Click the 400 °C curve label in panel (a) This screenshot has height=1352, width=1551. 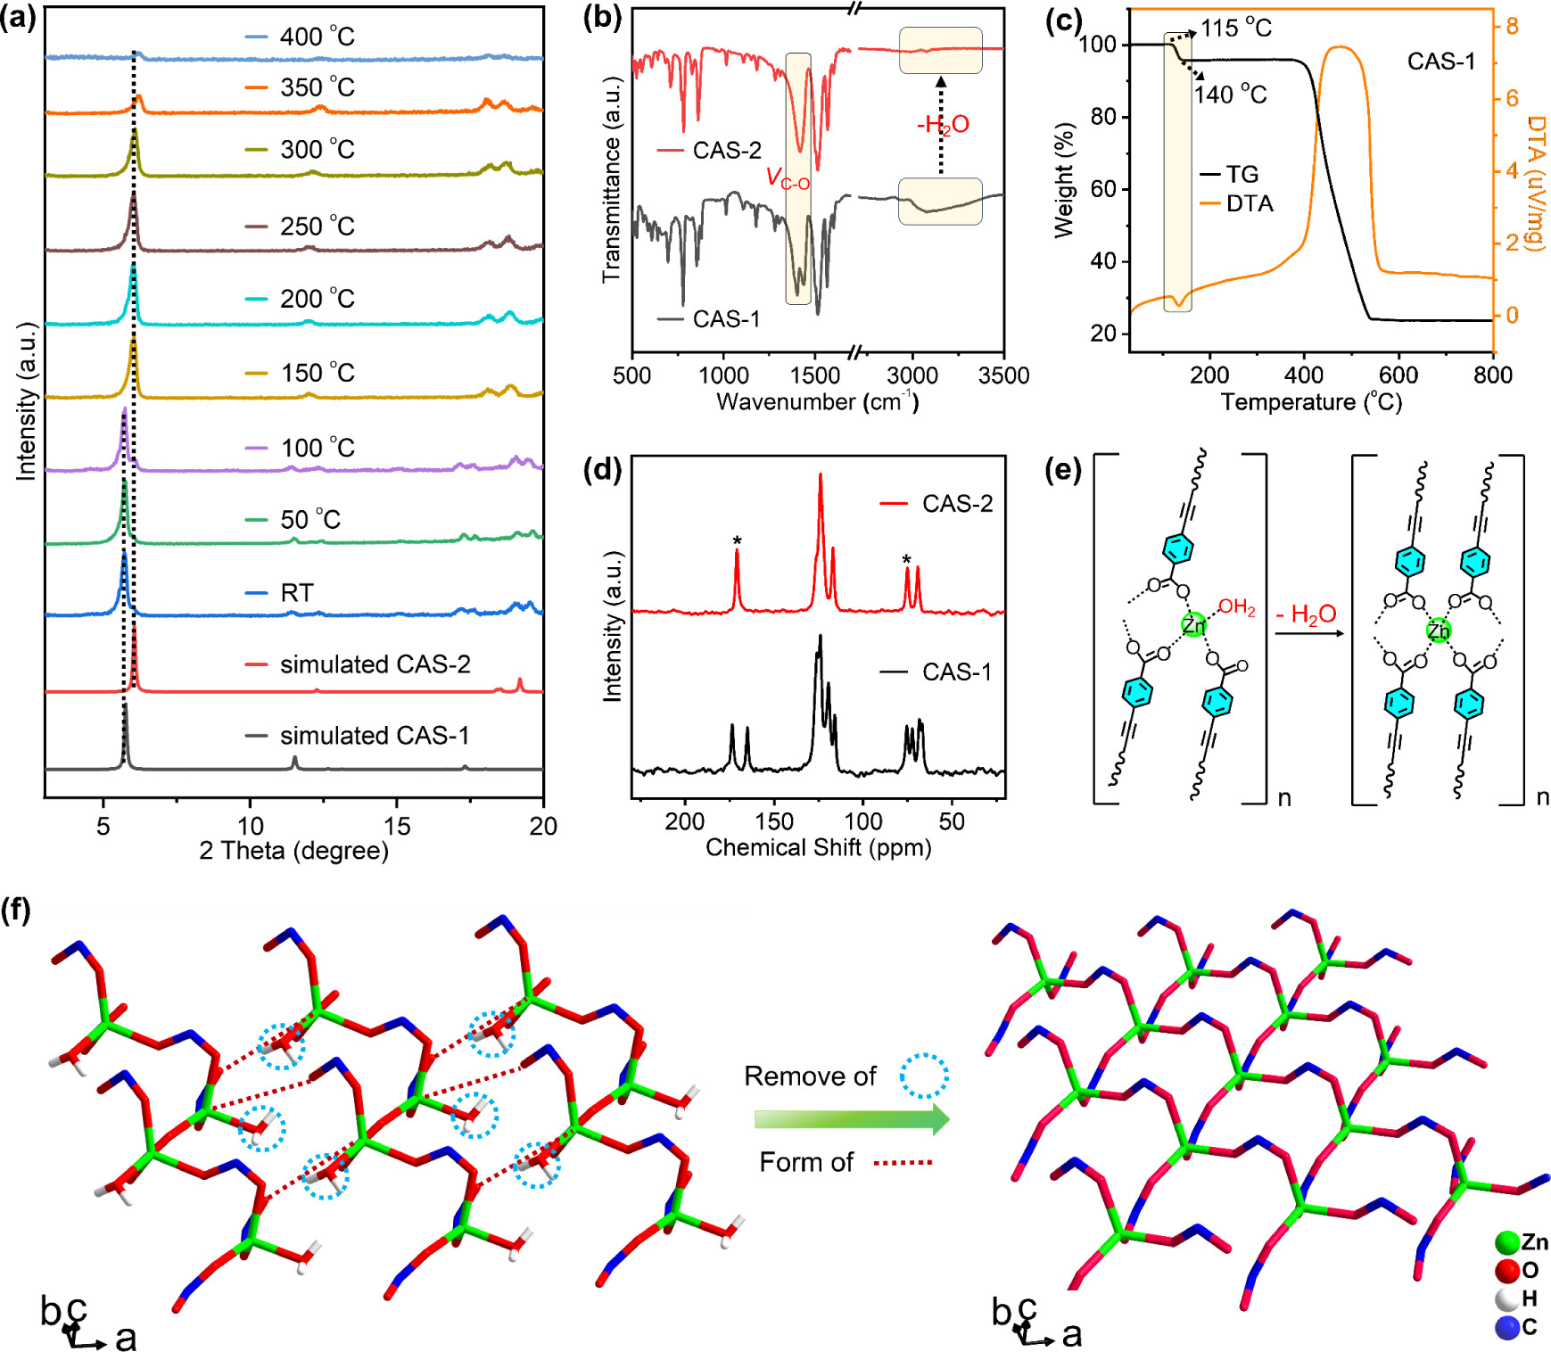coord(317,37)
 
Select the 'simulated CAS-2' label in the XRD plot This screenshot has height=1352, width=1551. coord(375,664)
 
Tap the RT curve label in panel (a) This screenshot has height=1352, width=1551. coord(297,593)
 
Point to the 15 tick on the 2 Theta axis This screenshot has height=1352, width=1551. coord(397,826)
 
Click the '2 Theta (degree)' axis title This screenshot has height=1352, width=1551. coord(293,851)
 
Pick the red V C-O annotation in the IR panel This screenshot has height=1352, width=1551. coord(788,178)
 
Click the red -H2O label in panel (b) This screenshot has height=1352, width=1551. coord(943,125)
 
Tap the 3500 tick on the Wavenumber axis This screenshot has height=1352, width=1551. coord(1003,375)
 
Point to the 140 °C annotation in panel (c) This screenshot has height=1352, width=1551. coord(1231,95)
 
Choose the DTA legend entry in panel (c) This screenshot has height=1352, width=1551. coord(1249,203)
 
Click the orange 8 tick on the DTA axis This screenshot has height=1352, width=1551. coord(1512,27)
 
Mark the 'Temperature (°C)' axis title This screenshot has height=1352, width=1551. coord(1311,402)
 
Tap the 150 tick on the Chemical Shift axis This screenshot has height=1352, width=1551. coord(774,821)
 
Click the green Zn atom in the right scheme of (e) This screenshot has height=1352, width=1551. coord(1438,631)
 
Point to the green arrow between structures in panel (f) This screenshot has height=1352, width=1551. coord(852,1119)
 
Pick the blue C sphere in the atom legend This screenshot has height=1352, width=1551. coord(1507,1327)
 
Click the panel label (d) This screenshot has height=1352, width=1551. coord(601,469)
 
